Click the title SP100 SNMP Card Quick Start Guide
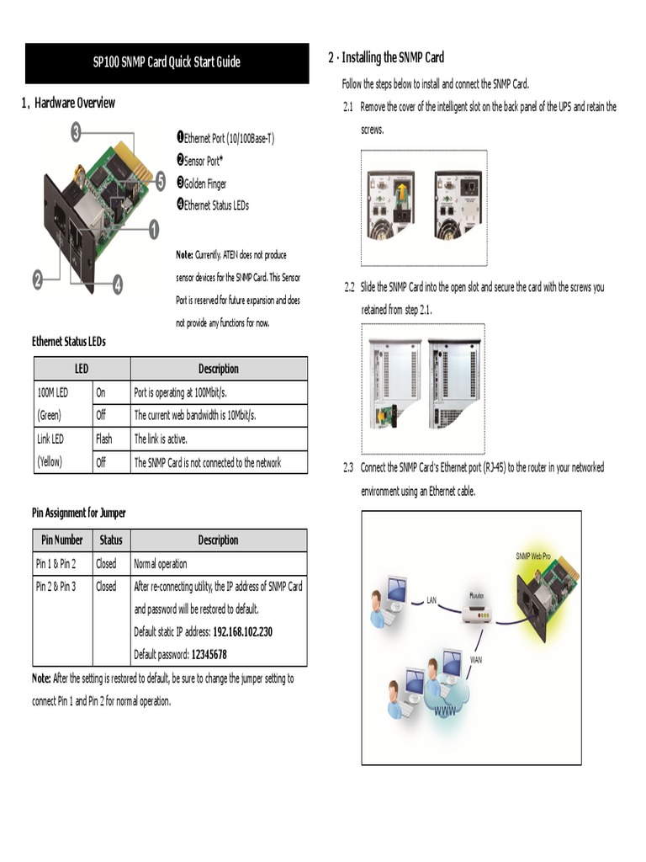(x=166, y=62)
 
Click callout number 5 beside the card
(x=161, y=178)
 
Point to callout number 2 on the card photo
(x=38, y=280)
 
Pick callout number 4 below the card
(x=117, y=285)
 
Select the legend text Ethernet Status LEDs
(x=216, y=205)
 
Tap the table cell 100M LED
(x=52, y=392)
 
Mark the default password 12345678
(x=209, y=654)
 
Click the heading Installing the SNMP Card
(x=393, y=57)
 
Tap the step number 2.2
(x=349, y=287)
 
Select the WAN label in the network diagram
(x=476, y=660)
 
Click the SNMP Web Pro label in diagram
(x=532, y=556)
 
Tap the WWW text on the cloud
(x=446, y=711)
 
